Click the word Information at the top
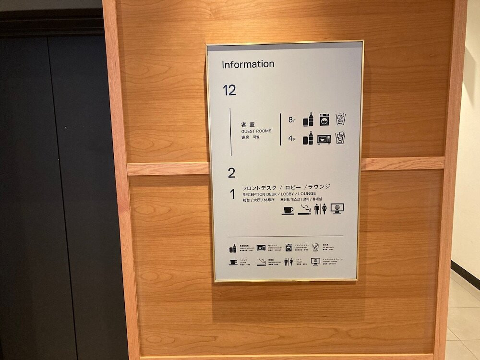pos(248,64)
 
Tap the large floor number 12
pos(229,90)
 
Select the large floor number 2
pos(232,173)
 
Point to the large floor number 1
pos(232,194)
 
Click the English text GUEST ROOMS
pos(256,131)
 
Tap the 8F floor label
pos(292,120)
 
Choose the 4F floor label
pos(292,140)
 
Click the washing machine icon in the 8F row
pos(324,120)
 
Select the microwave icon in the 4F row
pos(324,139)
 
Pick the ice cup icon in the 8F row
pos(340,119)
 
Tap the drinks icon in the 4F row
pos(308,139)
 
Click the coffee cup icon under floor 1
pos(288,210)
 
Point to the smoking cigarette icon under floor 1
pos(305,209)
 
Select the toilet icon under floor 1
pos(320,209)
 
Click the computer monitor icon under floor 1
pos(337,209)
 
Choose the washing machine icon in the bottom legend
pos(288,248)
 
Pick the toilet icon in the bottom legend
pos(288,262)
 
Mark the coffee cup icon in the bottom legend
pos(233,262)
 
